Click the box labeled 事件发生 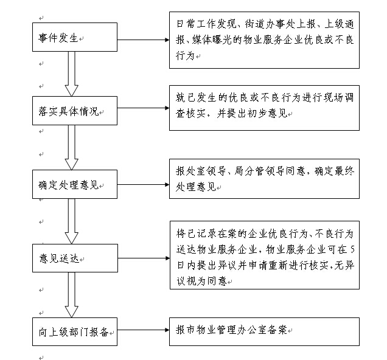tap(75, 37)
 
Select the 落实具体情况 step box tap(75, 111)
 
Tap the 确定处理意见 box tap(75, 184)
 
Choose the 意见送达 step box tap(75, 258)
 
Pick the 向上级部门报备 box tap(75, 331)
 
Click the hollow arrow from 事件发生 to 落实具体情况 tap(72, 74)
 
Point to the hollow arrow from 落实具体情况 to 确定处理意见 tap(72, 147)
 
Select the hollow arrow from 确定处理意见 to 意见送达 tap(72, 221)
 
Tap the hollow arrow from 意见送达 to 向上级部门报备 tap(72, 295)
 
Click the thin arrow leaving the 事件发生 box tap(143, 40)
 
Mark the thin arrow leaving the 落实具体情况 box tap(143, 108)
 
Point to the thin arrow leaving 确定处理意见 tap(143, 184)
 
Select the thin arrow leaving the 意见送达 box tap(144, 258)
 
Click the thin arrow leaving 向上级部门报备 tap(143, 330)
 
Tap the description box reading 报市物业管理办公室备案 tap(264, 331)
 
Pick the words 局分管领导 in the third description tap(259, 171)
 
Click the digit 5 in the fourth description tap(352, 250)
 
